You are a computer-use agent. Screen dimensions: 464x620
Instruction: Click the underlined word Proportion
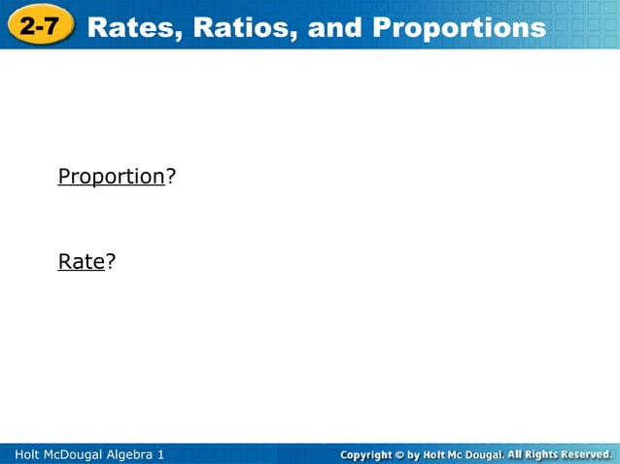pyautogui.click(x=111, y=177)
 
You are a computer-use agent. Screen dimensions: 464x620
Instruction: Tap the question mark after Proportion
pyautogui.click(x=170, y=177)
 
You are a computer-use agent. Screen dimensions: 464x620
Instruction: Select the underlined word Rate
pyautogui.click(x=81, y=261)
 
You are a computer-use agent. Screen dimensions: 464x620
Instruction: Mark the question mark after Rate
pyautogui.click(x=111, y=261)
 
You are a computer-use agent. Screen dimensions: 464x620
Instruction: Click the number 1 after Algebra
pyautogui.click(x=161, y=454)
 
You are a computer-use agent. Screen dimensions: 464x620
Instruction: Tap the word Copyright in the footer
pyautogui.click(x=365, y=454)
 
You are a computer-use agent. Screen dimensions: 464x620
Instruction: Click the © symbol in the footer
pyautogui.click(x=398, y=454)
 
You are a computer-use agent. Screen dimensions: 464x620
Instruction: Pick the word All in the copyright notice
pyautogui.click(x=515, y=454)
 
